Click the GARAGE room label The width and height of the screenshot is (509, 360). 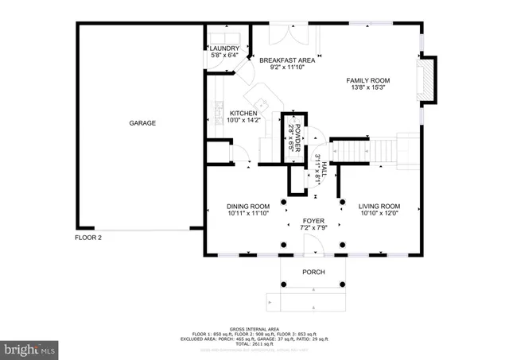click(142, 123)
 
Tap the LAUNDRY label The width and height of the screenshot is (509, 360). click(225, 48)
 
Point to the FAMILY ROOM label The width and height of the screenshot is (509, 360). click(367, 80)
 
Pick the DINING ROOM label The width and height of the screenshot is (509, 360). click(248, 206)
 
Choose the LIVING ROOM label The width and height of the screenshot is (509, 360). click(378, 206)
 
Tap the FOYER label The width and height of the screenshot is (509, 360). click(313, 220)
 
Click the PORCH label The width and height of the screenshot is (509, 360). click(313, 272)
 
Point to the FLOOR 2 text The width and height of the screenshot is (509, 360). click(88, 237)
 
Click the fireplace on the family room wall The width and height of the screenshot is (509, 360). click(429, 80)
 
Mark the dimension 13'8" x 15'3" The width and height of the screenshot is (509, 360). click(367, 89)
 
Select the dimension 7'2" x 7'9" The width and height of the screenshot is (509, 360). click(313, 228)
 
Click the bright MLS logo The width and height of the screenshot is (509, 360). click(29, 348)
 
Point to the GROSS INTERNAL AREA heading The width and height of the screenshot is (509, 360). click(254, 328)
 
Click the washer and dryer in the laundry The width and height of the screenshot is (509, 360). click(225, 38)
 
